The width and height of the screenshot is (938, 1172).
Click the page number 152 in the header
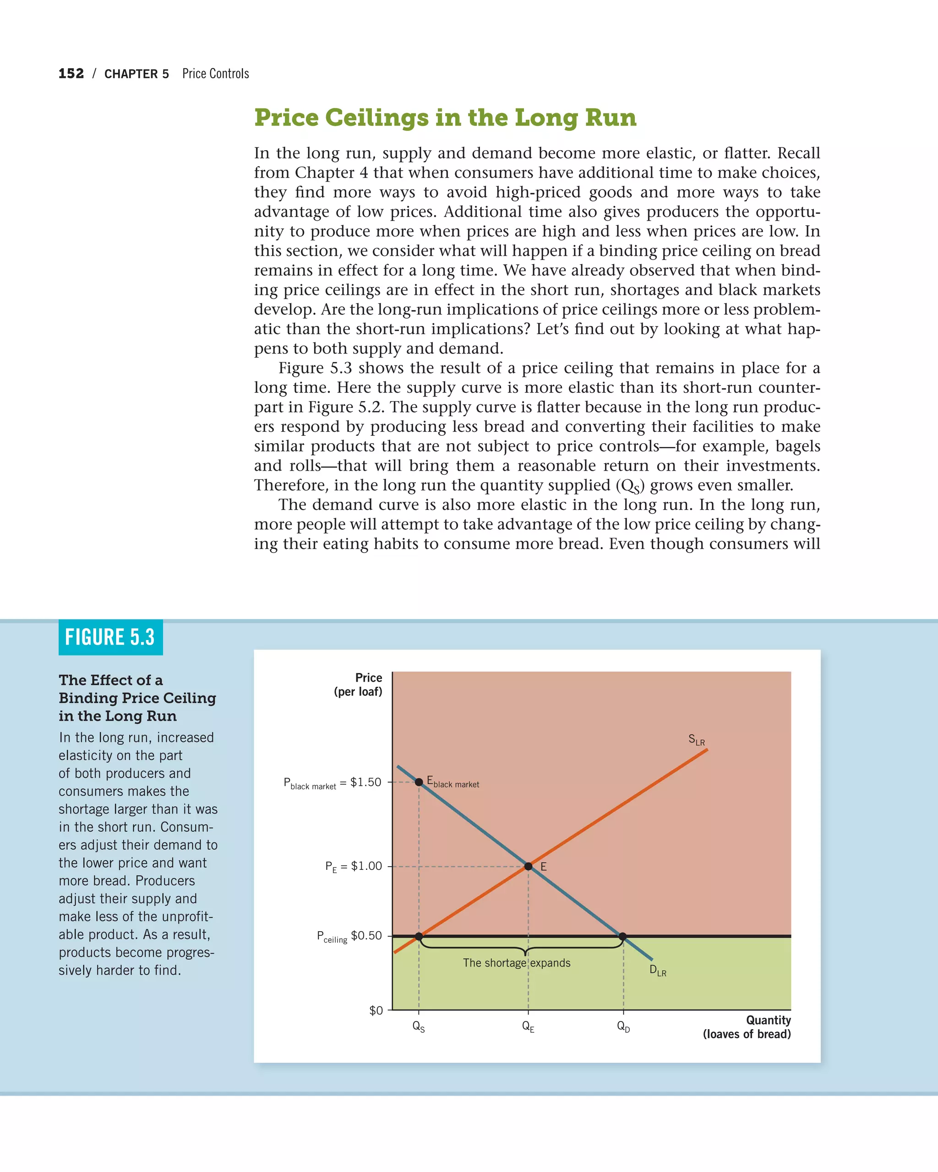[71, 73]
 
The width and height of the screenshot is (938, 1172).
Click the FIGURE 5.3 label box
[110, 637]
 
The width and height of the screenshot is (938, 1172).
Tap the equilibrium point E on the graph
[528, 866]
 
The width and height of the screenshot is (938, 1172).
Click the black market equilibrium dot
[419, 781]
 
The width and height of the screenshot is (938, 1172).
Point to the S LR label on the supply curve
[696, 739]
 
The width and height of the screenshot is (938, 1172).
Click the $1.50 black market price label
[333, 783]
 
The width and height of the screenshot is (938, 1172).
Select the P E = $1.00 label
[354, 866]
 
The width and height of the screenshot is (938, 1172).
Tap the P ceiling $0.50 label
[349, 936]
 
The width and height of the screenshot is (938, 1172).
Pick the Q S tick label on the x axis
[418, 1026]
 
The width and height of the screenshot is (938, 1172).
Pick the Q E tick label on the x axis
[528, 1026]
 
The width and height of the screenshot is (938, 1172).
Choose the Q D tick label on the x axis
[623, 1026]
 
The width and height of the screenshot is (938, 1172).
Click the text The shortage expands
[516, 963]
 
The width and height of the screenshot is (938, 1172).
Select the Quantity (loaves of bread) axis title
[747, 1027]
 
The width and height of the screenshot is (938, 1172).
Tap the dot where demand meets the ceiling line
[623, 936]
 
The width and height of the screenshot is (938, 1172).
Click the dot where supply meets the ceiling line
[419, 936]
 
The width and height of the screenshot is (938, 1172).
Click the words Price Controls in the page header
[215, 73]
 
